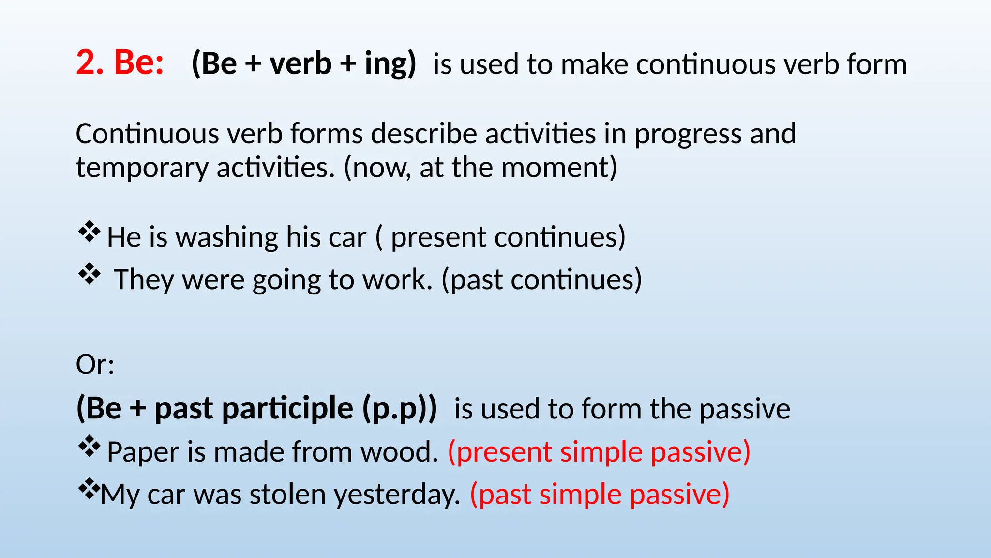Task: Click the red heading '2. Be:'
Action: point(120,63)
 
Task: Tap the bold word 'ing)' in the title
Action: point(390,64)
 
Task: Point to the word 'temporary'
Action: point(142,169)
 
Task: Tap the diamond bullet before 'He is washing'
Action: point(89,232)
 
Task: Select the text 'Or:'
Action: point(95,364)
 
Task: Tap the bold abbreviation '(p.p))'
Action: point(400,408)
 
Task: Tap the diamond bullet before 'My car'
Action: point(89,489)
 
